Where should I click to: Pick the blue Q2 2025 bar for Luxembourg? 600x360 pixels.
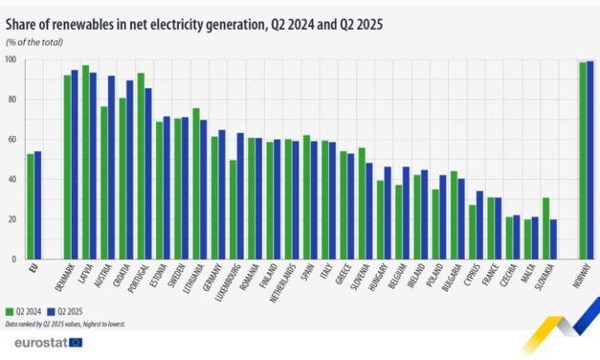[x=240, y=196]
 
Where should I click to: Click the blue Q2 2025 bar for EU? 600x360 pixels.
[x=37, y=205]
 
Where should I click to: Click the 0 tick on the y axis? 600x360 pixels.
[x=12, y=259]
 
